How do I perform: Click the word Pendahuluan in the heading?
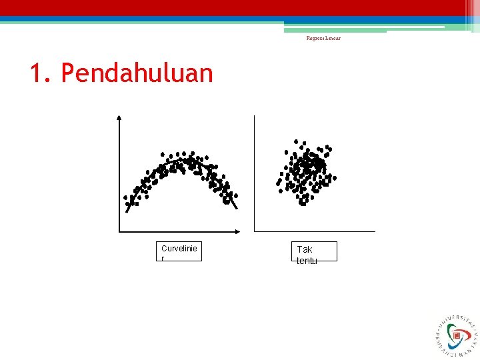pyautogui.click(x=137, y=73)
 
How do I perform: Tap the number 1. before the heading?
pyautogui.click(x=41, y=73)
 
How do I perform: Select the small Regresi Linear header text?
pyautogui.click(x=323, y=38)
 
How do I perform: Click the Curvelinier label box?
pyautogui.click(x=180, y=251)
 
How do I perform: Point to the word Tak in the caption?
pyautogui.click(x=305, y=249)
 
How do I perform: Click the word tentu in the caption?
pyautogui.click(x=307, y=261)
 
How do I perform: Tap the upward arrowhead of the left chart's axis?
pyautogui.click(x=119, y=117)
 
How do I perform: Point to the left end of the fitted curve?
pyautogui.click(x=127, y=211)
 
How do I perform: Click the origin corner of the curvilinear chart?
pyautogui.click(x=119, y=231)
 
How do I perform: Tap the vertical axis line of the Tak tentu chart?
pyautogui.click(x=254, y=173)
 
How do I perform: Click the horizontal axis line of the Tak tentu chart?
pyautogui.click(x=313, y=231)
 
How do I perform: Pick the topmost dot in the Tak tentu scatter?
pyautogui.click(x=296, y=141)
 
